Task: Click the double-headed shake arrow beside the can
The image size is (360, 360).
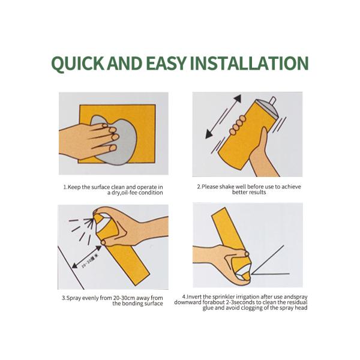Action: (223, 117)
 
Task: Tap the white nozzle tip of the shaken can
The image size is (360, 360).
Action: (273, 101)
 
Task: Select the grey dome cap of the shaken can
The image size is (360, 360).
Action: (267, 108)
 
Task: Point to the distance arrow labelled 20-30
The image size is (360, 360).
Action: (87, 257)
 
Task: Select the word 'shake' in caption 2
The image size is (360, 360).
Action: (226, 187)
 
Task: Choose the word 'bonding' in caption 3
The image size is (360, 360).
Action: (132, 304)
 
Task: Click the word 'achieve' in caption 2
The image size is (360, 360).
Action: (291, 187)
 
